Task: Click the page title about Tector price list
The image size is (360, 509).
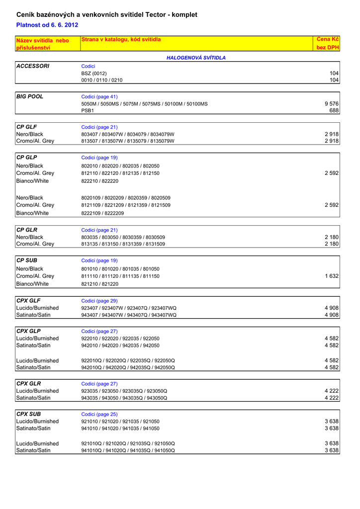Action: [x=107, y=15]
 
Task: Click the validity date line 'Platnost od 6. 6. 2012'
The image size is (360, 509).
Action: [x=47, y=25]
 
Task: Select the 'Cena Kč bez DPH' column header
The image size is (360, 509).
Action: [x=328, y=43]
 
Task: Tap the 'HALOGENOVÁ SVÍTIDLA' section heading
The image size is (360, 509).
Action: [x=196, y=58]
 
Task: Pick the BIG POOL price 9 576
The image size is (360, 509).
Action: [x=331, y=104]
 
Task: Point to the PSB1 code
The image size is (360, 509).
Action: [x=88, y=110]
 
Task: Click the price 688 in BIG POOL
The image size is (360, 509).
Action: [x=334, y=110]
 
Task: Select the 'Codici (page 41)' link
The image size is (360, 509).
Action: [x=99, y=96]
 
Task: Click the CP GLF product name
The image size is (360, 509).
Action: [x=27, y=127]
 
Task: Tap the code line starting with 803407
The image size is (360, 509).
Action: [x=128, y=134]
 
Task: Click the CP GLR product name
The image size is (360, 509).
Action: [x=27, y=230]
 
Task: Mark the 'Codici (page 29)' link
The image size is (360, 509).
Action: [x=99, y=301]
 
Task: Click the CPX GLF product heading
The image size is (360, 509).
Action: [x=28, y=301]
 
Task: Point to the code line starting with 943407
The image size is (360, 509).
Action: [x=129, y=315]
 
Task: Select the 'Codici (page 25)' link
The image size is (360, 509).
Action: [x=99, y=414]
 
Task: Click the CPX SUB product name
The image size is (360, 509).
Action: [x=28, y=414]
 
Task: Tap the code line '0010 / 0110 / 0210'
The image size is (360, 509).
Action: [x=102, y=80]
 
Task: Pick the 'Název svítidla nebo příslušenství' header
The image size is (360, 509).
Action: [x=42, y=44]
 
